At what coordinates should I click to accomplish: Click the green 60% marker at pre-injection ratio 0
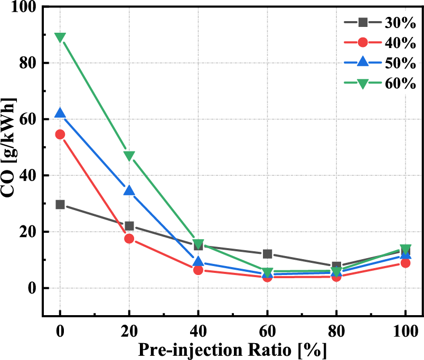[60, 37]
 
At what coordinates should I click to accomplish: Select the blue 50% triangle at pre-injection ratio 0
[60, 113]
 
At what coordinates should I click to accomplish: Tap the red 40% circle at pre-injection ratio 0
[60, 134]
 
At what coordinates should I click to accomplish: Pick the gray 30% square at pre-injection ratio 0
[60, 204]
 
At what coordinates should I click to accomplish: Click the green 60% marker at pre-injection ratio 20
[129, 156]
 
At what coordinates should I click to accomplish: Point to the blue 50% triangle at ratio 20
[129, 191]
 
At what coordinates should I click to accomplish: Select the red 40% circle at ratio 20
[129, 239]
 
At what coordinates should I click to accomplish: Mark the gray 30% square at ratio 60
[267, 254]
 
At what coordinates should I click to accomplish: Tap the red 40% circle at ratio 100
[406, 263]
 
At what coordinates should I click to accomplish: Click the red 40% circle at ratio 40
[199, 270]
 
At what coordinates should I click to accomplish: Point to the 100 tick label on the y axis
[23, 7]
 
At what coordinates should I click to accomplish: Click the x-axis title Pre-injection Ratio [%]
[233, 349]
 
